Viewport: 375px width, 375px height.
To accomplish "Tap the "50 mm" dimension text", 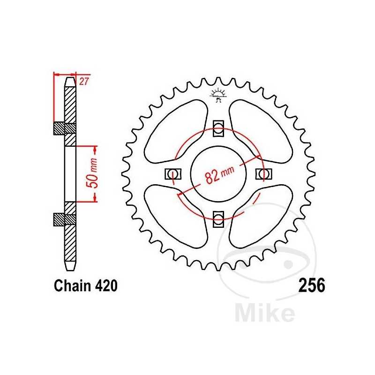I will click(93, 173).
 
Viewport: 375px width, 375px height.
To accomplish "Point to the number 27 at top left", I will click(84, 81).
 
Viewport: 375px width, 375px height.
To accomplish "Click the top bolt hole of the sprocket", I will click(218, 128).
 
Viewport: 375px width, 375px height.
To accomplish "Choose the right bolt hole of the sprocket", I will click(263, 174).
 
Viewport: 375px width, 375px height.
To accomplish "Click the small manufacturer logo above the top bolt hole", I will click(218, 94).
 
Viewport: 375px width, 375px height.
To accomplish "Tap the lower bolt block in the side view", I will click(65, 219).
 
